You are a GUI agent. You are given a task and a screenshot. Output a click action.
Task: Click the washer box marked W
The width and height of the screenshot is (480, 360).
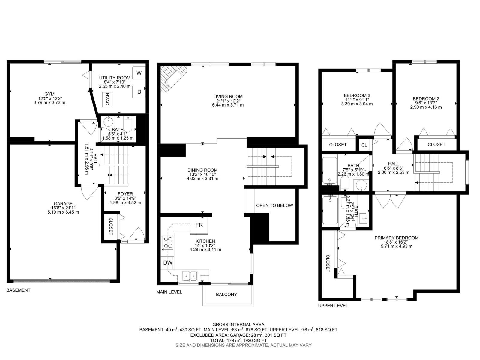139,73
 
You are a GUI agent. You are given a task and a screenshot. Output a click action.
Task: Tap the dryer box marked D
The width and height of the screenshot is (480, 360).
139,92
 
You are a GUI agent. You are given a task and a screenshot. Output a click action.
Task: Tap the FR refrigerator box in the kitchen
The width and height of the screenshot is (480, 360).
199,225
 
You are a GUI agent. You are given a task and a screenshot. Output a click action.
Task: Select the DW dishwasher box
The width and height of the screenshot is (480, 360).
168,263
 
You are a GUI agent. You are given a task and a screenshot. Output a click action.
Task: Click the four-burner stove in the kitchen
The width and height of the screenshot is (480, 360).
168,243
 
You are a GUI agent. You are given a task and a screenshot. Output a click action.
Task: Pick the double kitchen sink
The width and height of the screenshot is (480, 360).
190,275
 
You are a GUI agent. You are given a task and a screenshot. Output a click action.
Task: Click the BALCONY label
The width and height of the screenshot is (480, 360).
226,295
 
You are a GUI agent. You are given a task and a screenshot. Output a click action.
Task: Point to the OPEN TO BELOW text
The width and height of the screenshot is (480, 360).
274,205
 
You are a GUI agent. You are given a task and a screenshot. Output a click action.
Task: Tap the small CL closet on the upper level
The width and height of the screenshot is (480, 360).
364,145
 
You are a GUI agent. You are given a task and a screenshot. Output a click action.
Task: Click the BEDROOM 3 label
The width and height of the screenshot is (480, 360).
357,95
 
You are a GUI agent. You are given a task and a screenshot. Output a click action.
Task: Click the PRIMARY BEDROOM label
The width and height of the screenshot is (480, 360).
396,238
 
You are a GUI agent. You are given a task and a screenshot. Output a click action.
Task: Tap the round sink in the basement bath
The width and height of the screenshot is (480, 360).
109,122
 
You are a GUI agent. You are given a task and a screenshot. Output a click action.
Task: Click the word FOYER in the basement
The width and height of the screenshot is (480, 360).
125,194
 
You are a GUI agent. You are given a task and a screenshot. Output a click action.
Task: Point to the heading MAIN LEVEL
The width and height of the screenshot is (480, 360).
169,292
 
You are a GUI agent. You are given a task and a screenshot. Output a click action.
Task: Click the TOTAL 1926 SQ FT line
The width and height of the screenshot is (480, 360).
238,340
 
